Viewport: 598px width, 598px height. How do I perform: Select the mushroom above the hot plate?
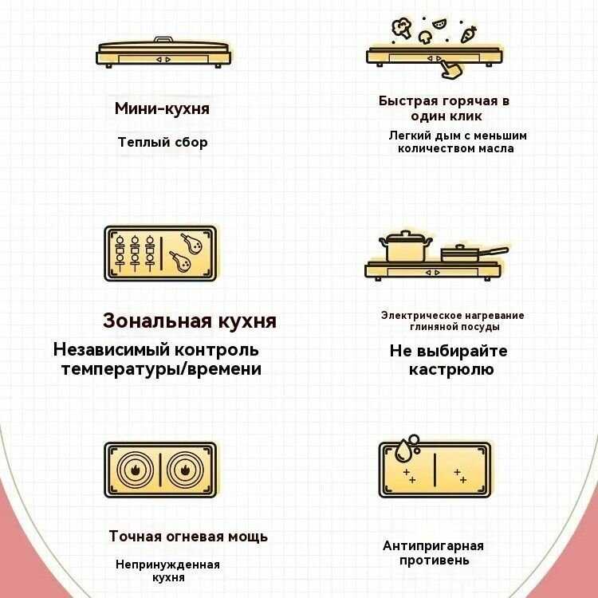427,37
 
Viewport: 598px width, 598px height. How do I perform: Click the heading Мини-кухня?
162,108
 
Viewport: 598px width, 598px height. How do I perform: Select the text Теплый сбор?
163,143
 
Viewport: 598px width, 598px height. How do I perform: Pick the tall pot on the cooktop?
406,247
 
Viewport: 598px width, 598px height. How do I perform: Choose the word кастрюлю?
451,369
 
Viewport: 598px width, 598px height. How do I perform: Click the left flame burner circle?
134,470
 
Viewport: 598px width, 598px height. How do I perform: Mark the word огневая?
194,537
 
